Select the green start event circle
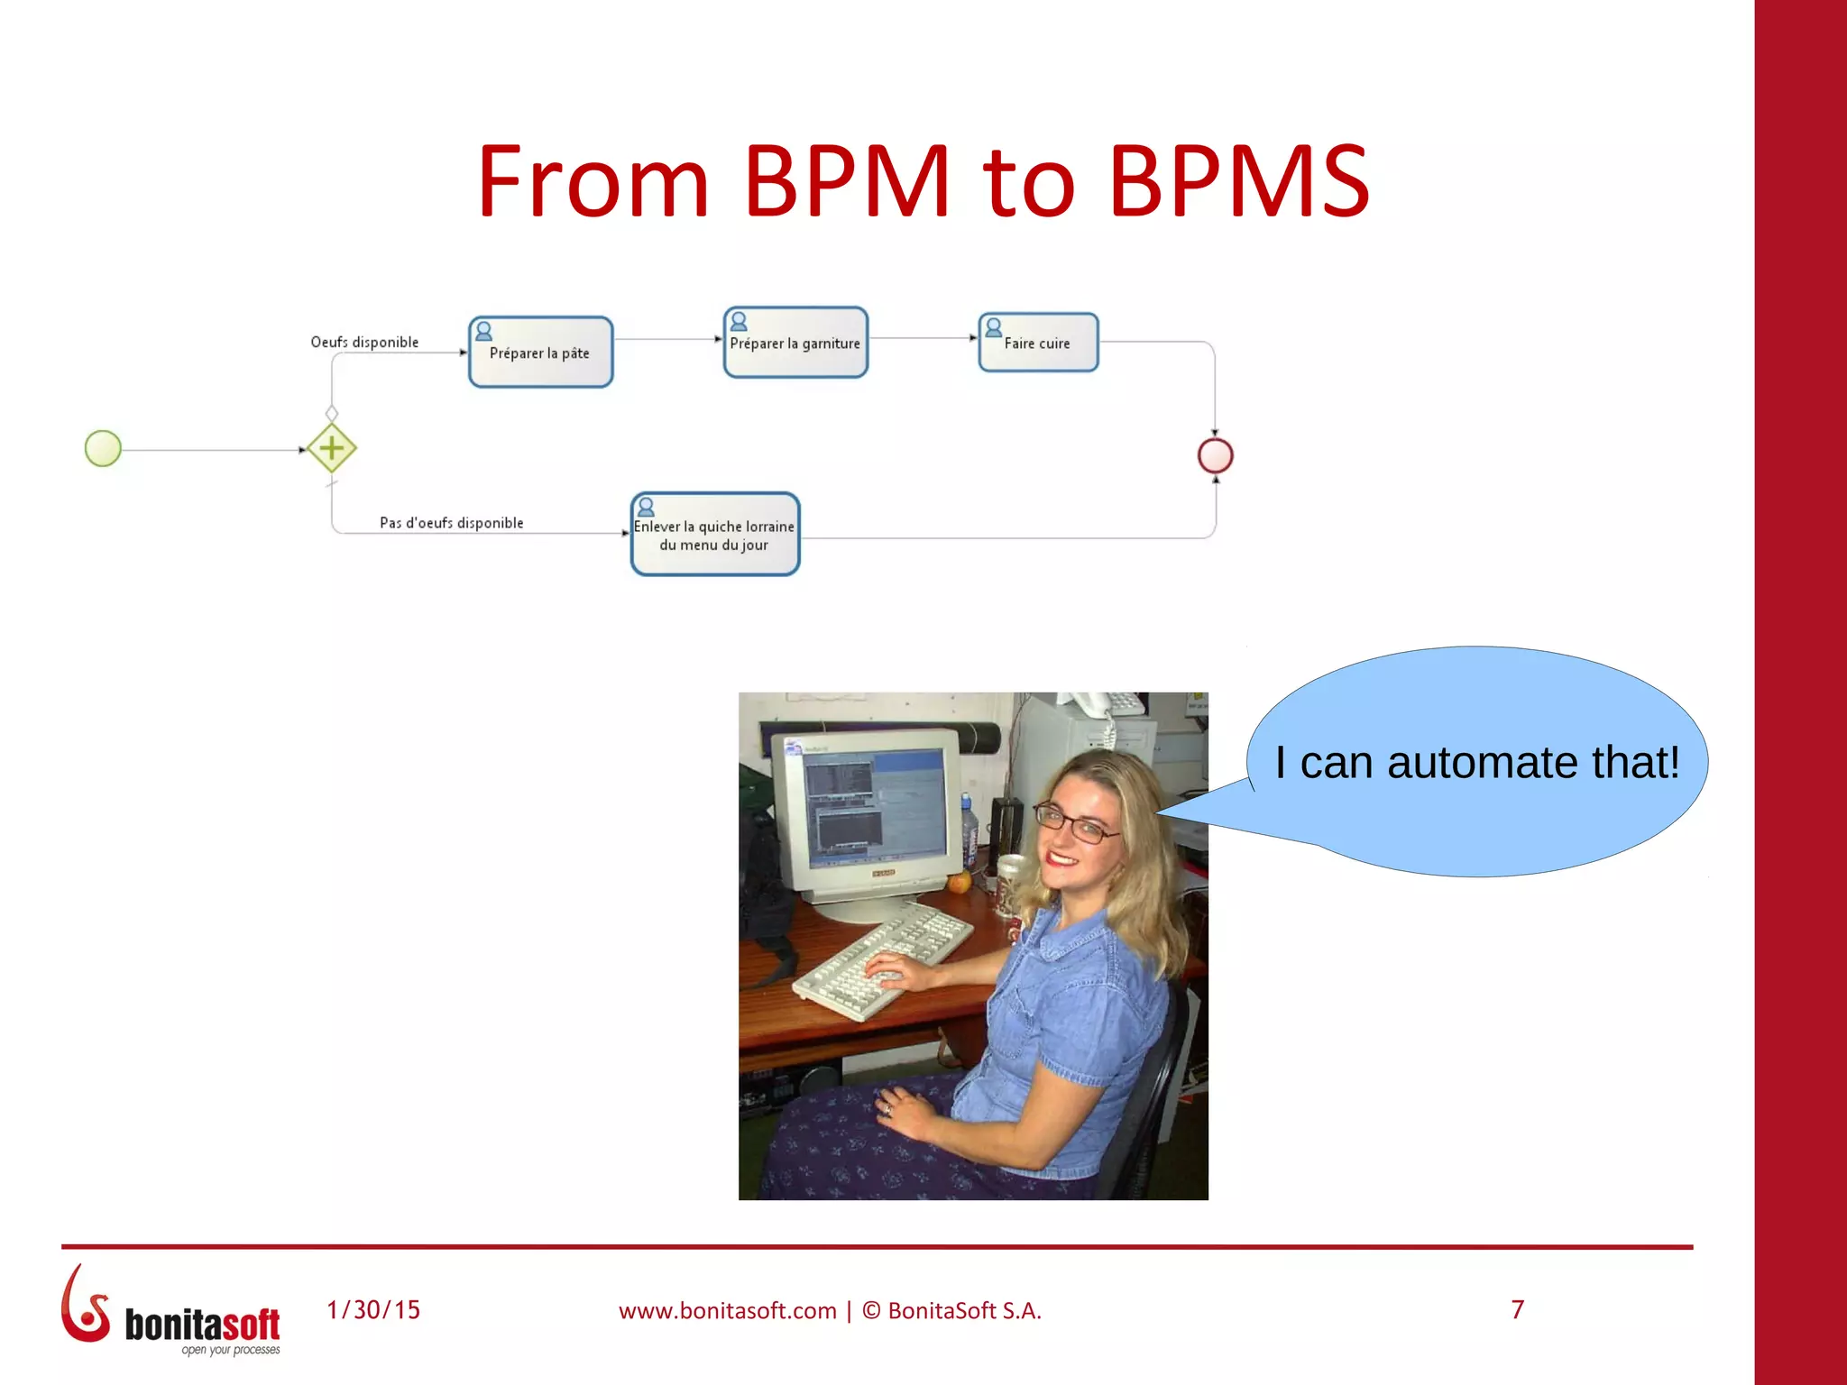(103, 448)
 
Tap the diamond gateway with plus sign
(332, 448)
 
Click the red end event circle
(1215, 455)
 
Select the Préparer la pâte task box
(540, 353)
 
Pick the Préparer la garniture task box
(795, 343)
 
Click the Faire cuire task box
(1039, 343)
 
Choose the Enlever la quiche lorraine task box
(714, 535)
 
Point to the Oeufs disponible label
(364, 343)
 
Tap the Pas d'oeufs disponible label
(451, 523)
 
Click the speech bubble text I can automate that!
(1476, 763)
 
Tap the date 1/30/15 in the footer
(373, 1310)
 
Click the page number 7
(1517, 1309)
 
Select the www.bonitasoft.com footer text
(727, 1311)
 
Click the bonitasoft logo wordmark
(202, 1325)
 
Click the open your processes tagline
(231, 1350)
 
